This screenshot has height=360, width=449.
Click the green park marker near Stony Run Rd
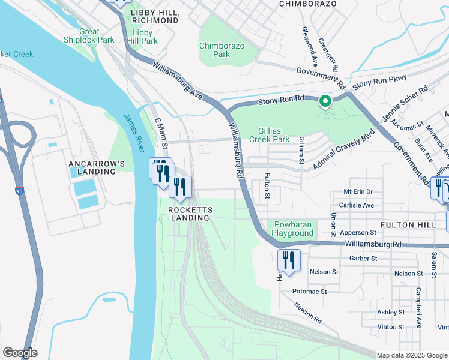click(325, 101)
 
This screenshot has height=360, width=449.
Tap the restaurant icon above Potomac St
click(289, 261)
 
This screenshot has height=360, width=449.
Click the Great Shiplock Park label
click(89, 35)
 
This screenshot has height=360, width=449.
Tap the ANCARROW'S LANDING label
click(92, 167)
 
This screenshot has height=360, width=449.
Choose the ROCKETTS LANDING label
click(188, 214)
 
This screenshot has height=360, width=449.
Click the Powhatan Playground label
click(292, 229)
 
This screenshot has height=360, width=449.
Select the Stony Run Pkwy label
click(379, 82)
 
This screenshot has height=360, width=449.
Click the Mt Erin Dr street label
click(358, 191)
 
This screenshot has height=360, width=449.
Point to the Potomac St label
click(309, 291)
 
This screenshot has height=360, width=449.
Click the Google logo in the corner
click(20, 353)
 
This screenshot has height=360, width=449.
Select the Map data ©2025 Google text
click(412, 355)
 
